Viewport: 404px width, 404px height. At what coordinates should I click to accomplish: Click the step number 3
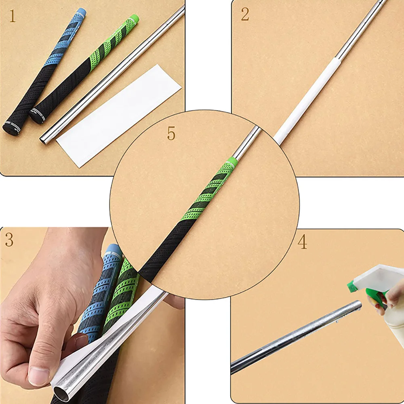[9, 240]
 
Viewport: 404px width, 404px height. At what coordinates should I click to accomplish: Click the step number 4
[302, 242]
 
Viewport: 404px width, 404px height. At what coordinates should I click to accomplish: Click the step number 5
[171, 134]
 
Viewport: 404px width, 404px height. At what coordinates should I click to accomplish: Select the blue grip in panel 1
[48, 65]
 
